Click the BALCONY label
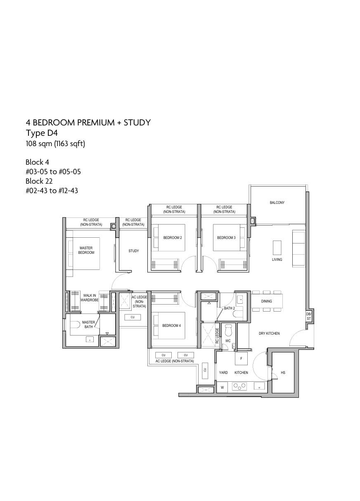277,202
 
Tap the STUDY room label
134,251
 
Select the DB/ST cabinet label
308,317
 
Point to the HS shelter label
283,372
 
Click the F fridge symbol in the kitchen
241,359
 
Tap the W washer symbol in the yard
222,388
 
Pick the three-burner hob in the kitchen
239,386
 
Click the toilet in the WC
229,331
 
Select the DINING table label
266,301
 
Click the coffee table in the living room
277,248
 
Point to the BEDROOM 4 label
171,326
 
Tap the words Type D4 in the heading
42,133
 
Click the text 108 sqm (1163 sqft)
55,144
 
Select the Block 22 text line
39,181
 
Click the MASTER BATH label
88,324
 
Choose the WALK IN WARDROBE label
90,298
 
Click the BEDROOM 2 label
172,238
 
